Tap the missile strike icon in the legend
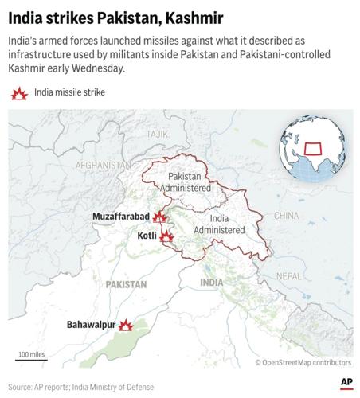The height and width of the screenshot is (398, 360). [x=18, y=94]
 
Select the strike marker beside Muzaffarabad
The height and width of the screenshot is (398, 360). [x=160, y=217]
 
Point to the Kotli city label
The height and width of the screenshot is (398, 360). [x=147, y=236]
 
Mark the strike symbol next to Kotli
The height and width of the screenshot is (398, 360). [x=166, y=236]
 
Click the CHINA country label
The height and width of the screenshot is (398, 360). [x=286, y=216]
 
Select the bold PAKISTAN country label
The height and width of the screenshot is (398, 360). [x=126, y=283]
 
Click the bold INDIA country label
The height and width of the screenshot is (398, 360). [x=211, y=283]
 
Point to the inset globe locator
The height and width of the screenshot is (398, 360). [x=308, y=149]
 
